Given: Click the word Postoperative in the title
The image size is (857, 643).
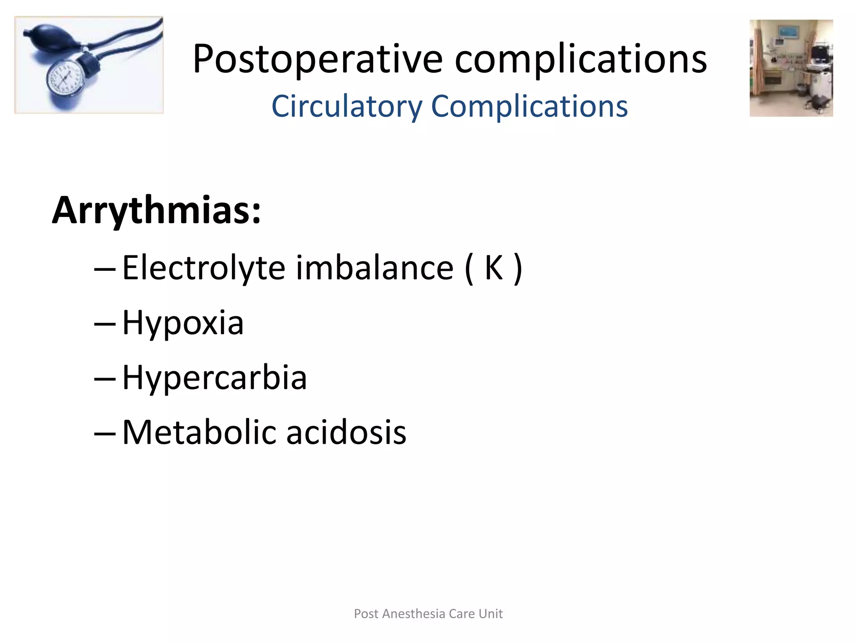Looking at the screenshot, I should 317,59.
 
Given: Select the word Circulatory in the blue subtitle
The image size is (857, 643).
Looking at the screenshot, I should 347,106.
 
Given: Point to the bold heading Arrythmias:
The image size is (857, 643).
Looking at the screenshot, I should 157,211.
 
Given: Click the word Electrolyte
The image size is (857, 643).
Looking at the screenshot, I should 203,268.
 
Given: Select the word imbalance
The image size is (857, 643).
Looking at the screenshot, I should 375,268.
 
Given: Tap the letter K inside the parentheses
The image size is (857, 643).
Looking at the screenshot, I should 493,268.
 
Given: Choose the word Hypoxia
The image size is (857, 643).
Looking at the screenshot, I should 183,323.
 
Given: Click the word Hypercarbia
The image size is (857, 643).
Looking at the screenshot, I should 214,378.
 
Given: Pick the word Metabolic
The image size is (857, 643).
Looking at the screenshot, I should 199,432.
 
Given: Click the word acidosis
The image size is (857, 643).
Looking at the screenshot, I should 346,432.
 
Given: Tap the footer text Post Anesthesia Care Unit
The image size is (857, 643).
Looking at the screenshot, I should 428,614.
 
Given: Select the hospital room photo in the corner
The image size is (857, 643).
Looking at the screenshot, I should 791,68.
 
